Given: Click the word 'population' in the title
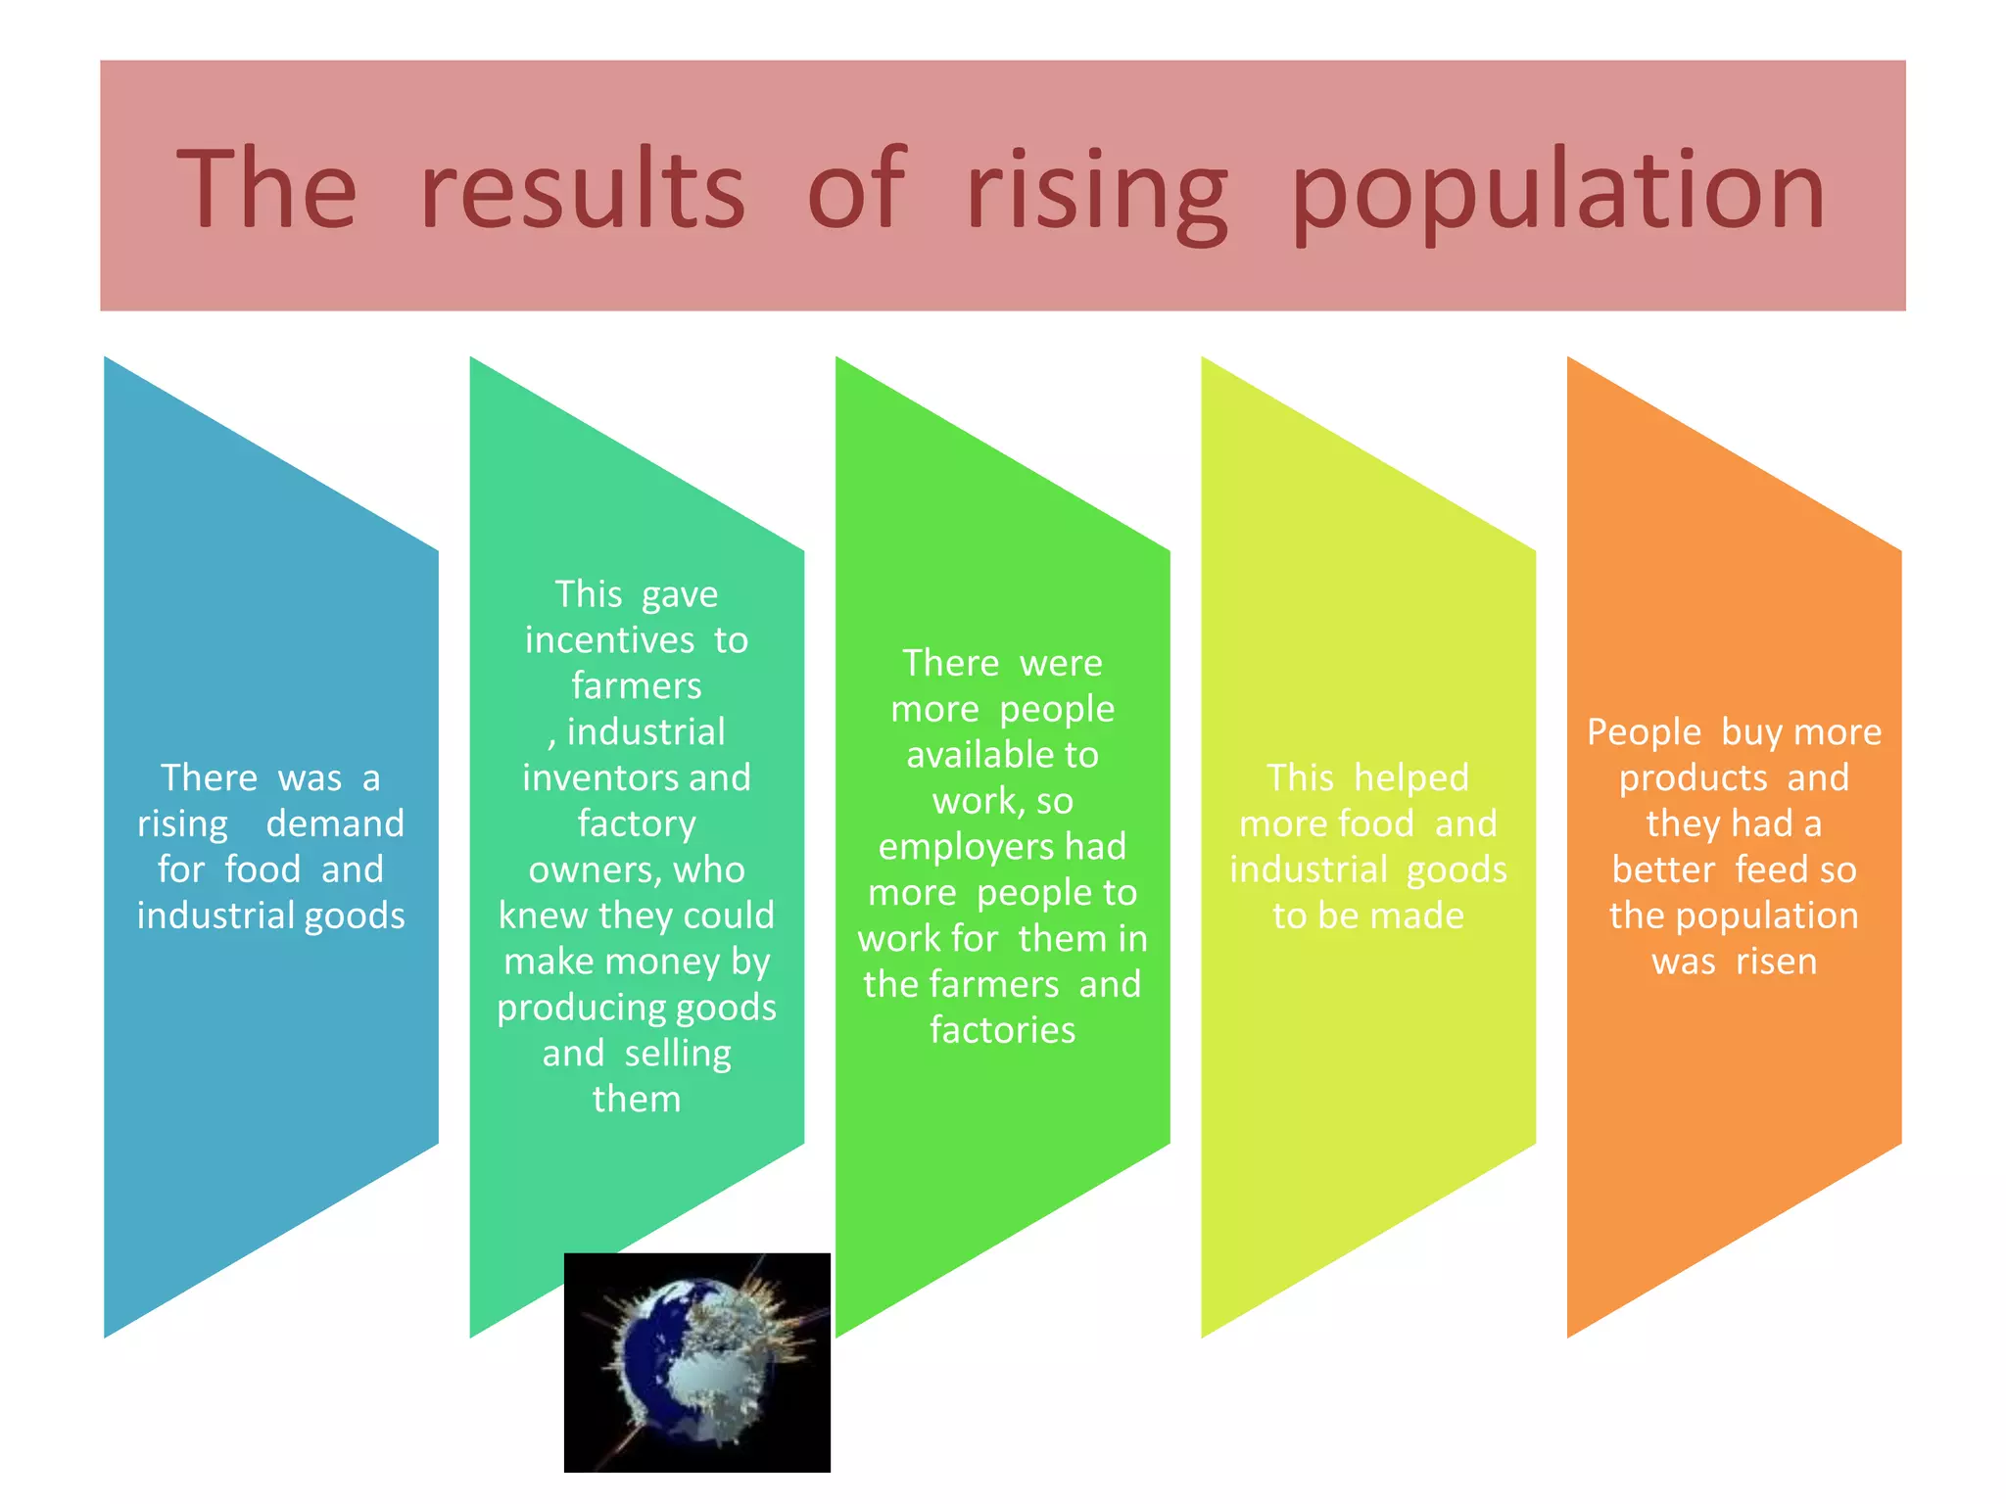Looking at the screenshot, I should (1557, 191).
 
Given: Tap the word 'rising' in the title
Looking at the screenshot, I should (1097, 191).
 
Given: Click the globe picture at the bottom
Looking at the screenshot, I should (696, 1362).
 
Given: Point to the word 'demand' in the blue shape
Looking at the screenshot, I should (335, 823).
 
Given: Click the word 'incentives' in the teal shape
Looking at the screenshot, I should (609, 640).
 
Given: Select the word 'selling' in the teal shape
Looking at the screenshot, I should (678, 1054).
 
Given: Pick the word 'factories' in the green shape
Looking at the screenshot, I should (1002, 1030).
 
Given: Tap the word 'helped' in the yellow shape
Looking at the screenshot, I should (1411, 777).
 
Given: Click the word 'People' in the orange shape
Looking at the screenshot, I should (1644, 732).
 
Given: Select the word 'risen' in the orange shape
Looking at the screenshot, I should (1776, 962).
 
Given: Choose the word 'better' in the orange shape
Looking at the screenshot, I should (1663, 869).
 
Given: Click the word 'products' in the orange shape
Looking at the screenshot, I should (1693, 778).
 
